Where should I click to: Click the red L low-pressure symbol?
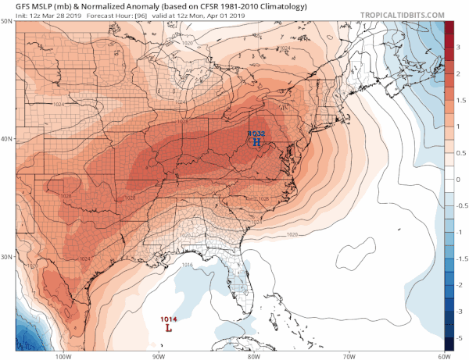pyautogui.click(x=168, y=329)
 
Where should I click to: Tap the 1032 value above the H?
pyautogui.click(x=256, y=134)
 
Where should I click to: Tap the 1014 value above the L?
pyautogui.click(x=168, y=319)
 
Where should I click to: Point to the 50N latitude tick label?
pyautogui.click(x=6, y=21)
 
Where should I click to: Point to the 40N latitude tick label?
pyautogui.click(x=6, y=139)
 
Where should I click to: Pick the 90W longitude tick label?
pyautogui.click(x=159, y=356)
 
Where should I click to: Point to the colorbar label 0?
pyautogui.click(x=460, y=179)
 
